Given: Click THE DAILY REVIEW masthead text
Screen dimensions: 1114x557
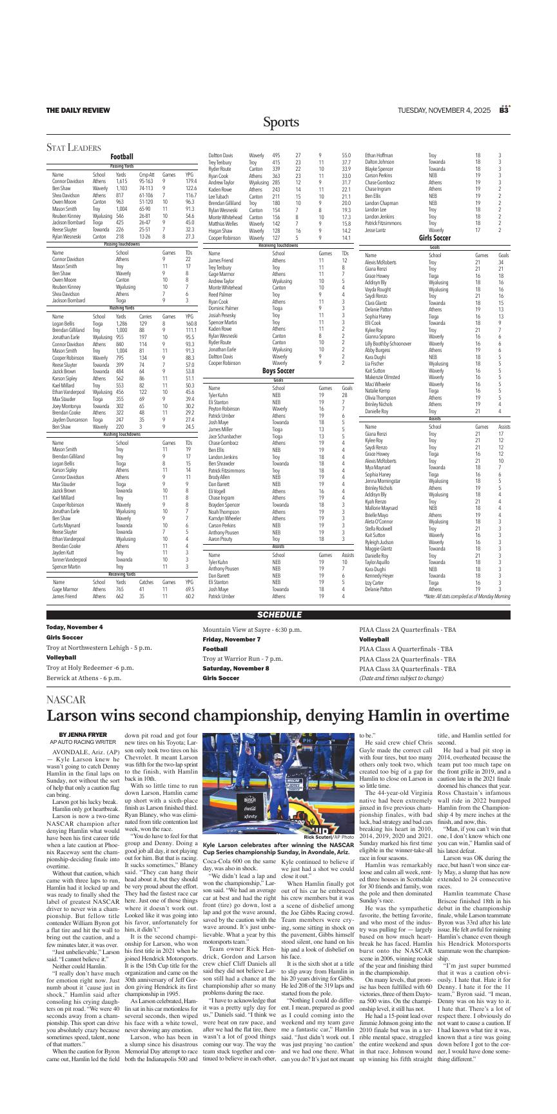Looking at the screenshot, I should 77,111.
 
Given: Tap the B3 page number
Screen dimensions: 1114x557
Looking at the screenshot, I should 504,110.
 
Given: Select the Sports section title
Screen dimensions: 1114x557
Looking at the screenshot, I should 280,122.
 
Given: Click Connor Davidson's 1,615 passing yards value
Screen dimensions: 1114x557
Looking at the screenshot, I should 121,181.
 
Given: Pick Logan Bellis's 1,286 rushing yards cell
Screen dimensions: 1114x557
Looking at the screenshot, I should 122,324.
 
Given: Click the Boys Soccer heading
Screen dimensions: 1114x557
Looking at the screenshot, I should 278,371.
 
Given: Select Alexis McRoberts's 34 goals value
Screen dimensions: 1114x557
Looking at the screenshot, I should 501,262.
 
